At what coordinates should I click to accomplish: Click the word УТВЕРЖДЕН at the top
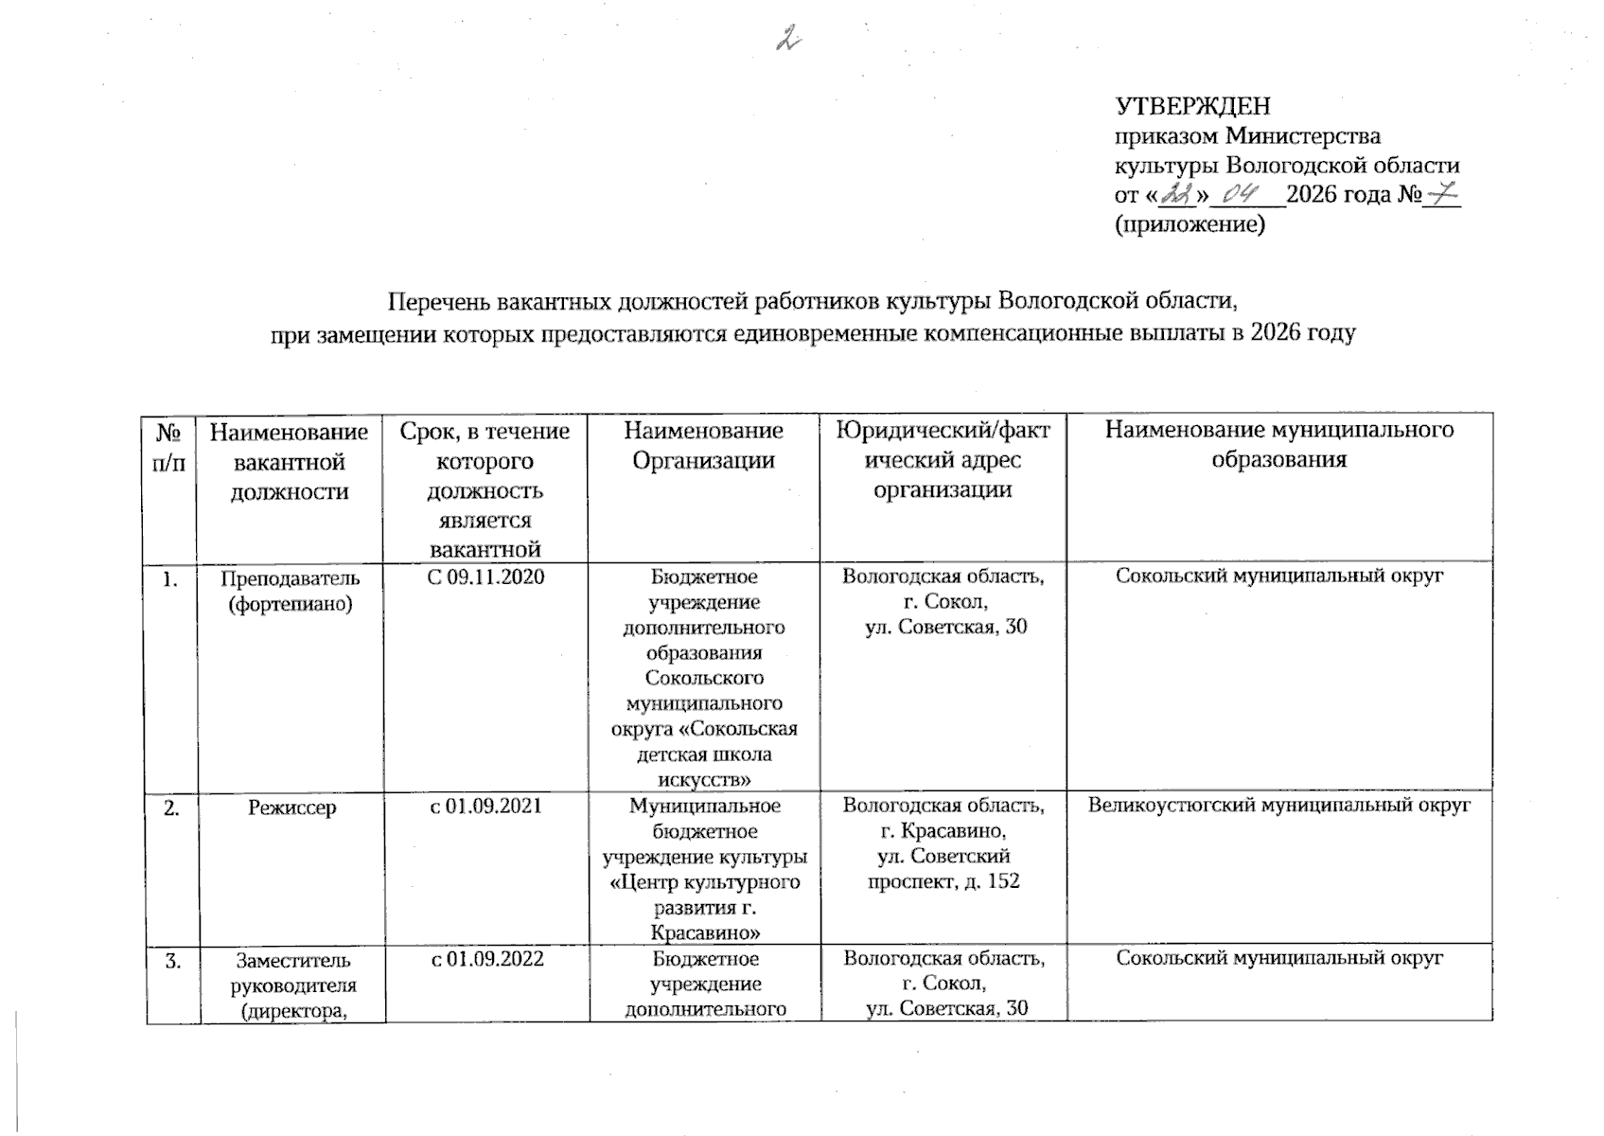[1192, 106]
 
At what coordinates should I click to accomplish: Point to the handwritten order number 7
[1442, 195]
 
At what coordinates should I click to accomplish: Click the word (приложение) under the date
[1190, 225]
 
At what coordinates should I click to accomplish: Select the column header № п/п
[168, 447]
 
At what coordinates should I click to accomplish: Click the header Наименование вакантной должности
[289, 462]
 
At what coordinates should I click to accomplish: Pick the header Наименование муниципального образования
[1278, 445]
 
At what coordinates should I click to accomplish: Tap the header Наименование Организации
[703, 445]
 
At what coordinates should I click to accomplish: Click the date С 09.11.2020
[485, 577]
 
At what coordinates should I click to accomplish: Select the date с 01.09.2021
[485, 806]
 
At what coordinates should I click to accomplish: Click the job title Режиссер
[291, 808]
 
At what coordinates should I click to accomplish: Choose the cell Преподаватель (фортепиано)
[291, 590]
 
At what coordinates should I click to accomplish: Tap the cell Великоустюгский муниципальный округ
[1278, 806]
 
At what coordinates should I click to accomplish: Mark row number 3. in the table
[172, 960]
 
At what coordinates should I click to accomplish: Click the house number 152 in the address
[1002, 881]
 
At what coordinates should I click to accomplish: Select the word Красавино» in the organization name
[705, 932]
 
